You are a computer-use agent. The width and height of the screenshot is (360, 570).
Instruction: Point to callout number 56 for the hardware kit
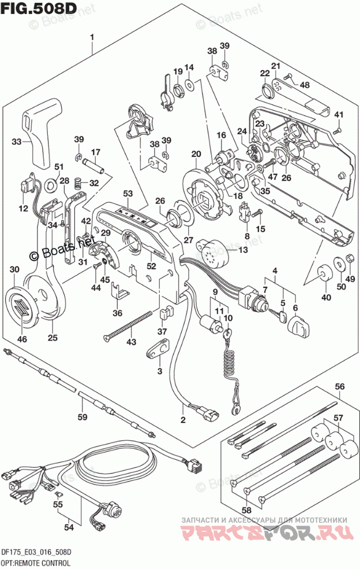[x=339, y=387]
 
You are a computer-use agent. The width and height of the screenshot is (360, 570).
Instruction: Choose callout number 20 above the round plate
[x=196, y=153]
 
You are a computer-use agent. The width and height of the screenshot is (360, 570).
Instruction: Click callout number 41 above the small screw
[x=339, y=113]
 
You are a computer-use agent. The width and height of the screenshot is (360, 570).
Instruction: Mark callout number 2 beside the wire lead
[x=183, y=419]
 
